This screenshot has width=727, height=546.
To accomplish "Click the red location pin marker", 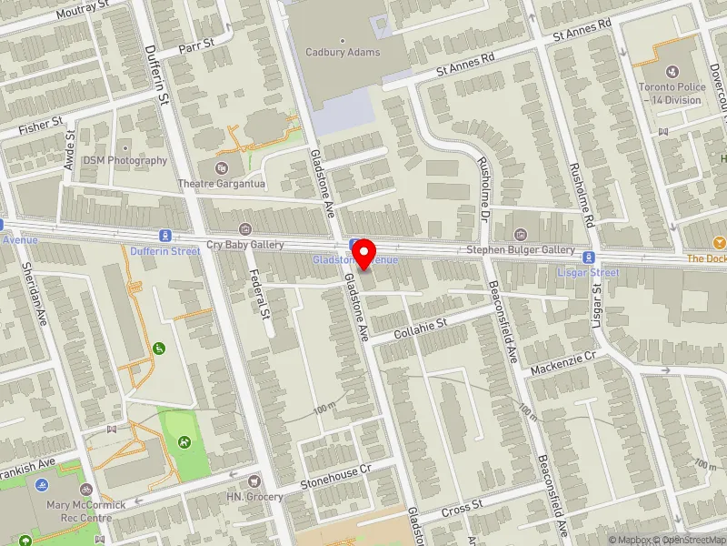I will point(364,254).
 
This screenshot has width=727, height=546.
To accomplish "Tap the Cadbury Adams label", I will point(343,53).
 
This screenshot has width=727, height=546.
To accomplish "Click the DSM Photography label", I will point(125,160).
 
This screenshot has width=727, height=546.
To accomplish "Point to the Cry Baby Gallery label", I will point(245,245).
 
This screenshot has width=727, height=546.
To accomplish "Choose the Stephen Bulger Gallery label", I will point(520,249).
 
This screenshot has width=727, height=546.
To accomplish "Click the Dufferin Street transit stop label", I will point(164,250).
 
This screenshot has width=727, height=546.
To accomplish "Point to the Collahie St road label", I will point(423,329).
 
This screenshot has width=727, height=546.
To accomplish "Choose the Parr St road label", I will point(195,44).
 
